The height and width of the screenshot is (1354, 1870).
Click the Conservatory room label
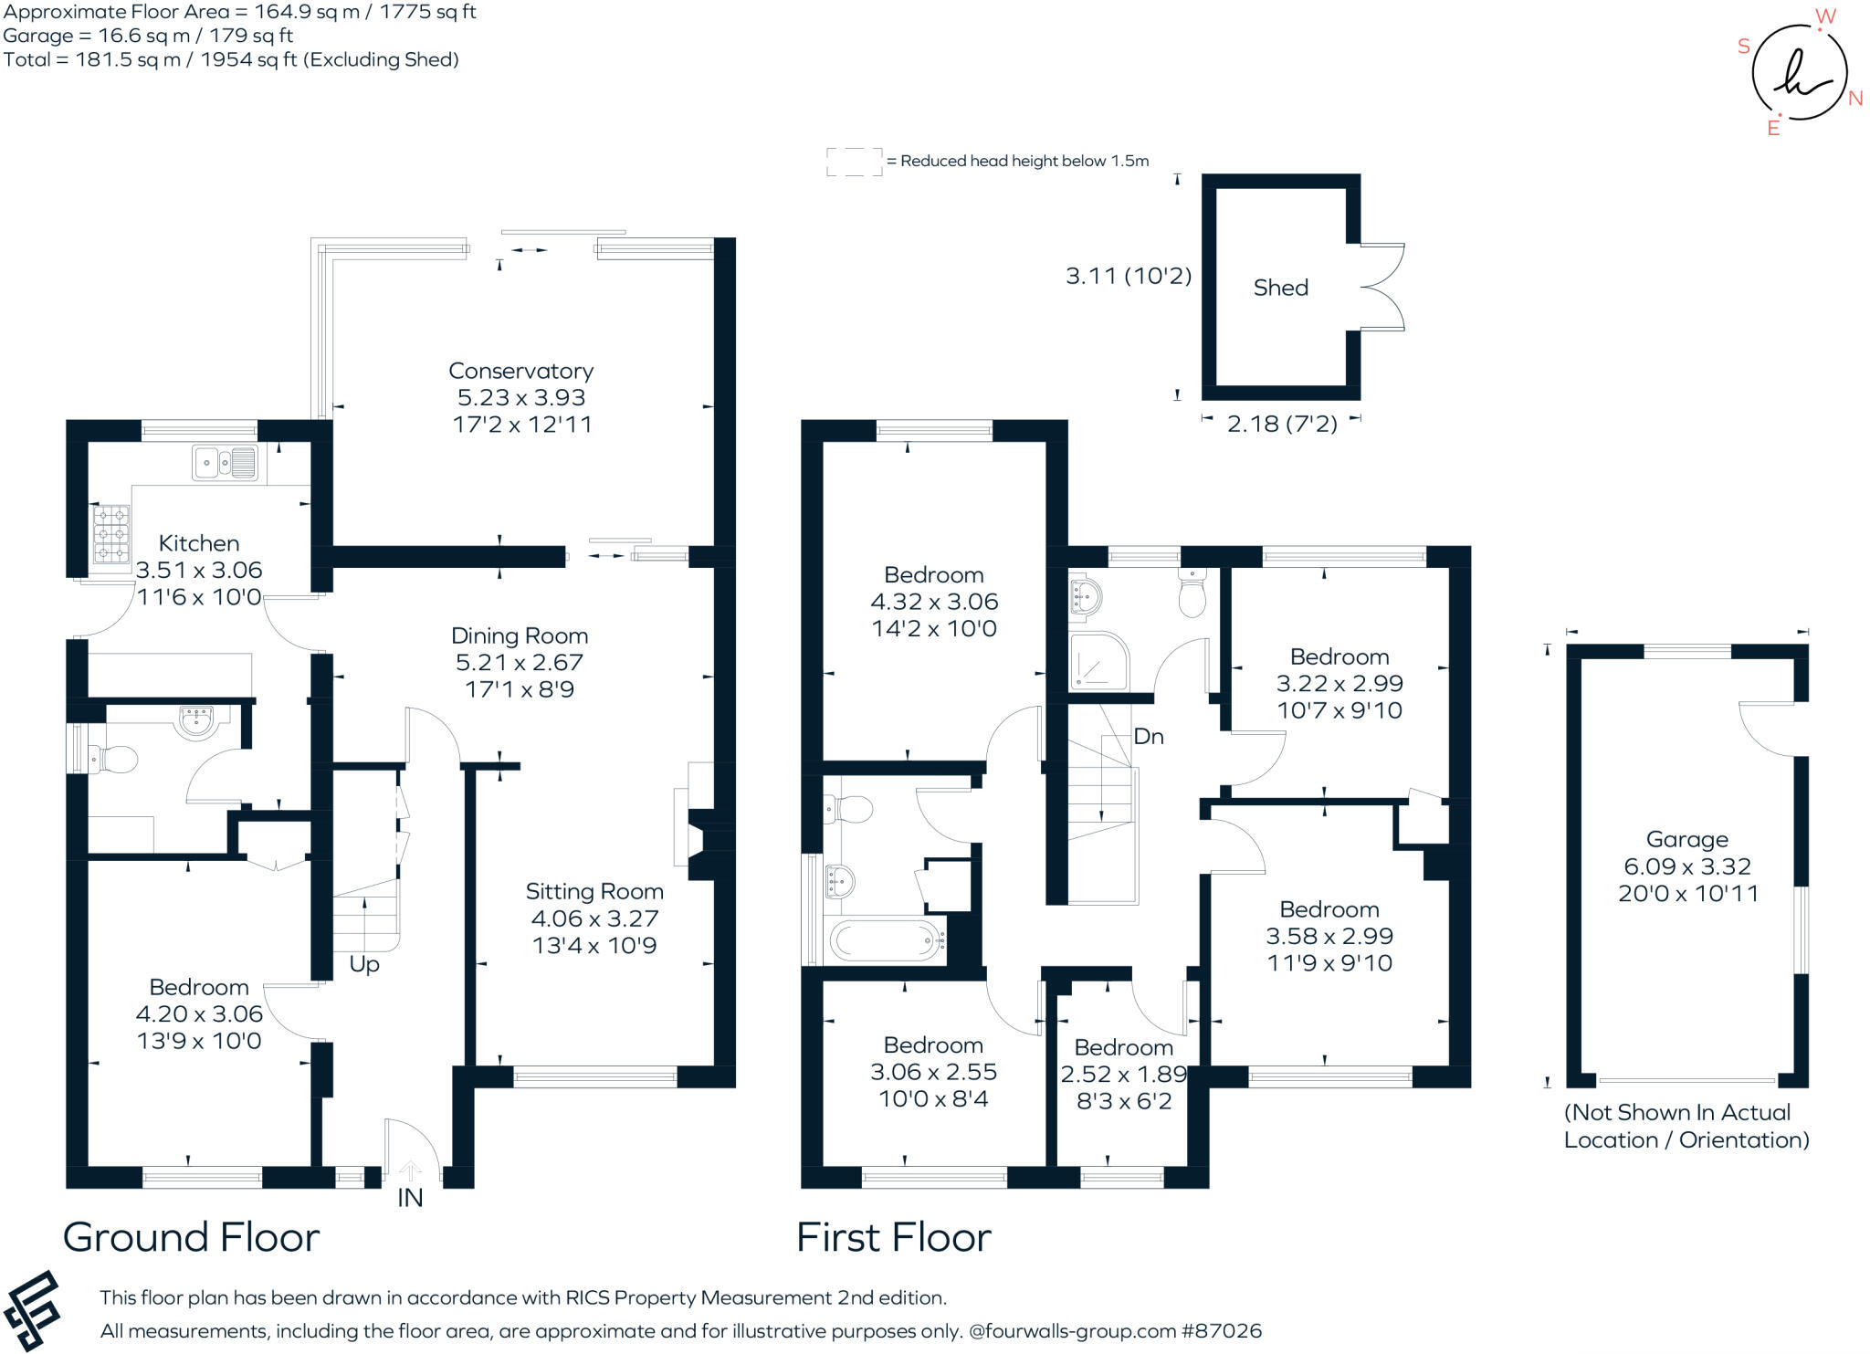(x=520, y=372)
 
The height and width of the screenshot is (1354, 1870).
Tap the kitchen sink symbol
(x=225, y=463)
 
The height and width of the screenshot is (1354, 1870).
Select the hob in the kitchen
(x=111, y=534)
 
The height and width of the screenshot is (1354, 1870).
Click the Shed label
(x=1280, y=288)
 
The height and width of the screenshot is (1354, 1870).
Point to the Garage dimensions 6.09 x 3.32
(x=1686, y=866)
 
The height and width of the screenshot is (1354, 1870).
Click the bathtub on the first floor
(x=885, y=939)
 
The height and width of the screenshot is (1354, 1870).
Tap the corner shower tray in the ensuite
(x=1098, y=660)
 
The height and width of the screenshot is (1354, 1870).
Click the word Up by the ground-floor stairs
(x=364, y=964)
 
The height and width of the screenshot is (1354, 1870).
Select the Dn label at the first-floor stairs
(x=1148, y=737)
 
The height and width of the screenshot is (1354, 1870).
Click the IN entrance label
(x=410, y=1198)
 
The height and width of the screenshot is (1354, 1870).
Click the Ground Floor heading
(x=191, y=1238)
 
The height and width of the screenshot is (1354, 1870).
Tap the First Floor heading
(x=893, y=1238)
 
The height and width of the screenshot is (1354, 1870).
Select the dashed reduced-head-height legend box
(x=854, y=162)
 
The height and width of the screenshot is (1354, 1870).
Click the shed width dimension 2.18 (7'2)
(x=1281, y=424)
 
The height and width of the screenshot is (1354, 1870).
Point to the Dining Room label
(x=520, y=636)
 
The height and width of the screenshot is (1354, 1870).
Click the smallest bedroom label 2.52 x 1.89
(x=1123, y=1075)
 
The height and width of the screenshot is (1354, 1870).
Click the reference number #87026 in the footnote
(x=1221, y=1331)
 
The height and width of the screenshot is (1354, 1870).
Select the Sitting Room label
(x=594, y=892)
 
